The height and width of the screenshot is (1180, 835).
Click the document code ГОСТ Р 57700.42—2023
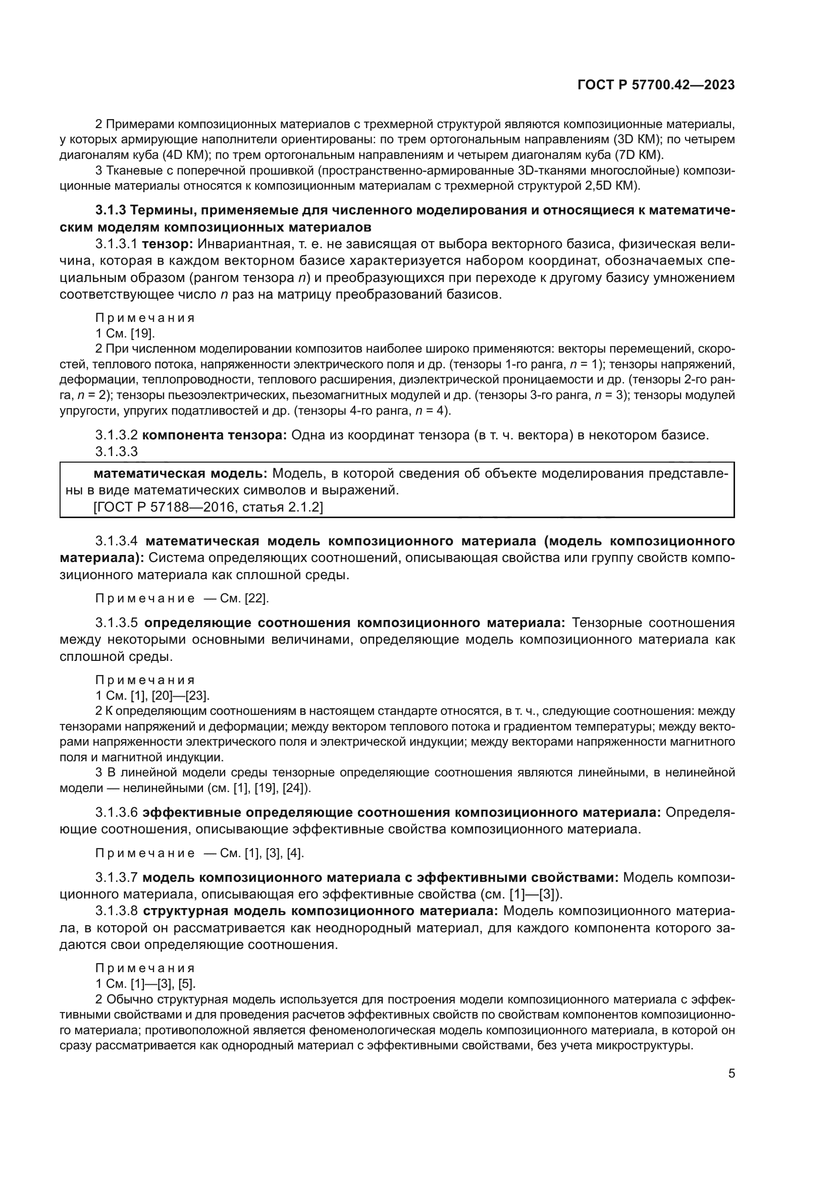coord(656,85)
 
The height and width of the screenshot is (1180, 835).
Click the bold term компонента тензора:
coord(214,435)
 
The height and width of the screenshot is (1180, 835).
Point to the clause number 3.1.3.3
coord(116,451)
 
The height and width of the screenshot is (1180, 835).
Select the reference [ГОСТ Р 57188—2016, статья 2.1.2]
coord(208,507)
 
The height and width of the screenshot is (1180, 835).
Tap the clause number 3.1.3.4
coord(116,541)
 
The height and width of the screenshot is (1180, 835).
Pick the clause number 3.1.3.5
coord(116,623)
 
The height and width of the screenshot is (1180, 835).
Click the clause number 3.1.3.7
coord(116,877)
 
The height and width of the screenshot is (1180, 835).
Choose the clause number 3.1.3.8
coord(116,911)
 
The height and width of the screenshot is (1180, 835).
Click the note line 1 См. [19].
coord(125,333)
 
